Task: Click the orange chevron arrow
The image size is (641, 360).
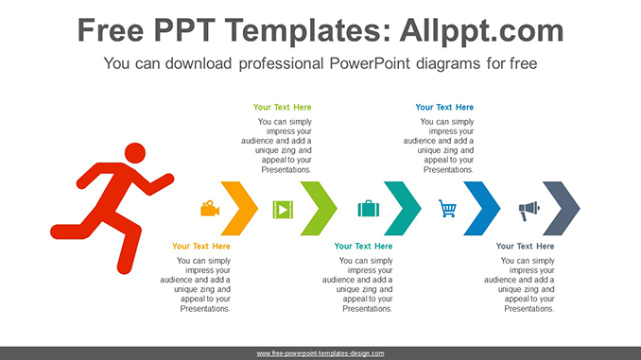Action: point(242,208)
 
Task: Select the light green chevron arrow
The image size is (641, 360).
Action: point(322,208)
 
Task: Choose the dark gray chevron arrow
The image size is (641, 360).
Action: point(565,208)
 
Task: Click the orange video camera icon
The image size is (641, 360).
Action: point(210,208)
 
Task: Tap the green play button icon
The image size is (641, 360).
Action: point(282,209)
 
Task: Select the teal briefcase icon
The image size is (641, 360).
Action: point(368,209)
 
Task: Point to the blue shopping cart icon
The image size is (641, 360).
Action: point(448,209)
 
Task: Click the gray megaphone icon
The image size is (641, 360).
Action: point(528,209)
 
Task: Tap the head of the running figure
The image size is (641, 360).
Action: point(135,152)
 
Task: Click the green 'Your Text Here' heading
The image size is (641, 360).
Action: point(282,108)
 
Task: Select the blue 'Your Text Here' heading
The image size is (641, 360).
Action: point(444,108)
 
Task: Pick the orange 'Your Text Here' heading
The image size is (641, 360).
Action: point(201,247)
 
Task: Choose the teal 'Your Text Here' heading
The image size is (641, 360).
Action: point(364,247)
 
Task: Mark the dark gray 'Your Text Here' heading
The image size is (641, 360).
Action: point(526,247)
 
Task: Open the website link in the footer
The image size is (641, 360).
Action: point(320,353)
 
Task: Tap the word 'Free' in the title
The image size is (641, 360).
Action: point(113,30)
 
